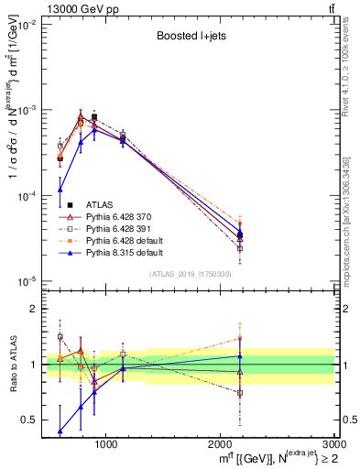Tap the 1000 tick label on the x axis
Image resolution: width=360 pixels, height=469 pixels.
pos(106,444)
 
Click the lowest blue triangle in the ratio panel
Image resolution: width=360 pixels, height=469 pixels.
pos(60,431)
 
